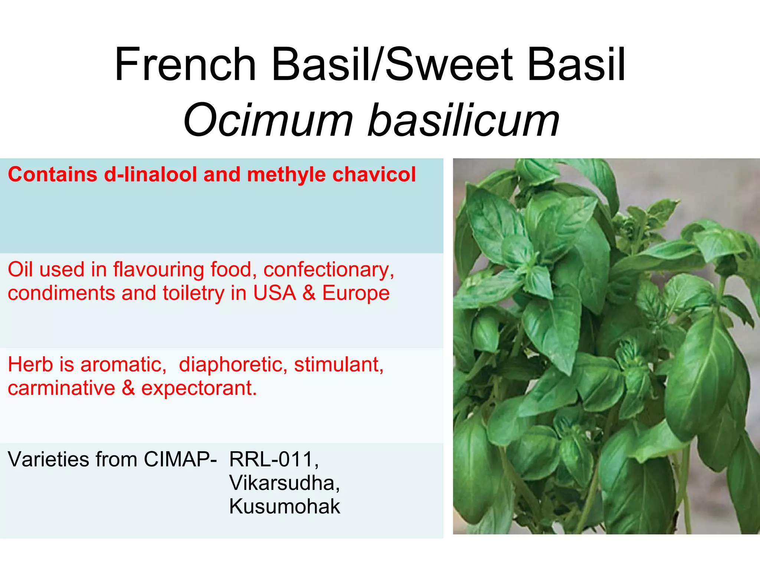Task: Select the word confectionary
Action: [x=328, y=270]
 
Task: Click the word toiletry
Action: [x=193, y=294]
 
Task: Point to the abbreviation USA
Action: [x=275, y=293]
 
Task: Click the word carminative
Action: [x=62, y=388]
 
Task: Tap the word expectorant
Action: [x=199, y=389]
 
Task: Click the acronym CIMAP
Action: [x=177, y=459]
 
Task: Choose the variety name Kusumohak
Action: [x=285, y=506]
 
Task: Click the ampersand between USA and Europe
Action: [x=309, y=293]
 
